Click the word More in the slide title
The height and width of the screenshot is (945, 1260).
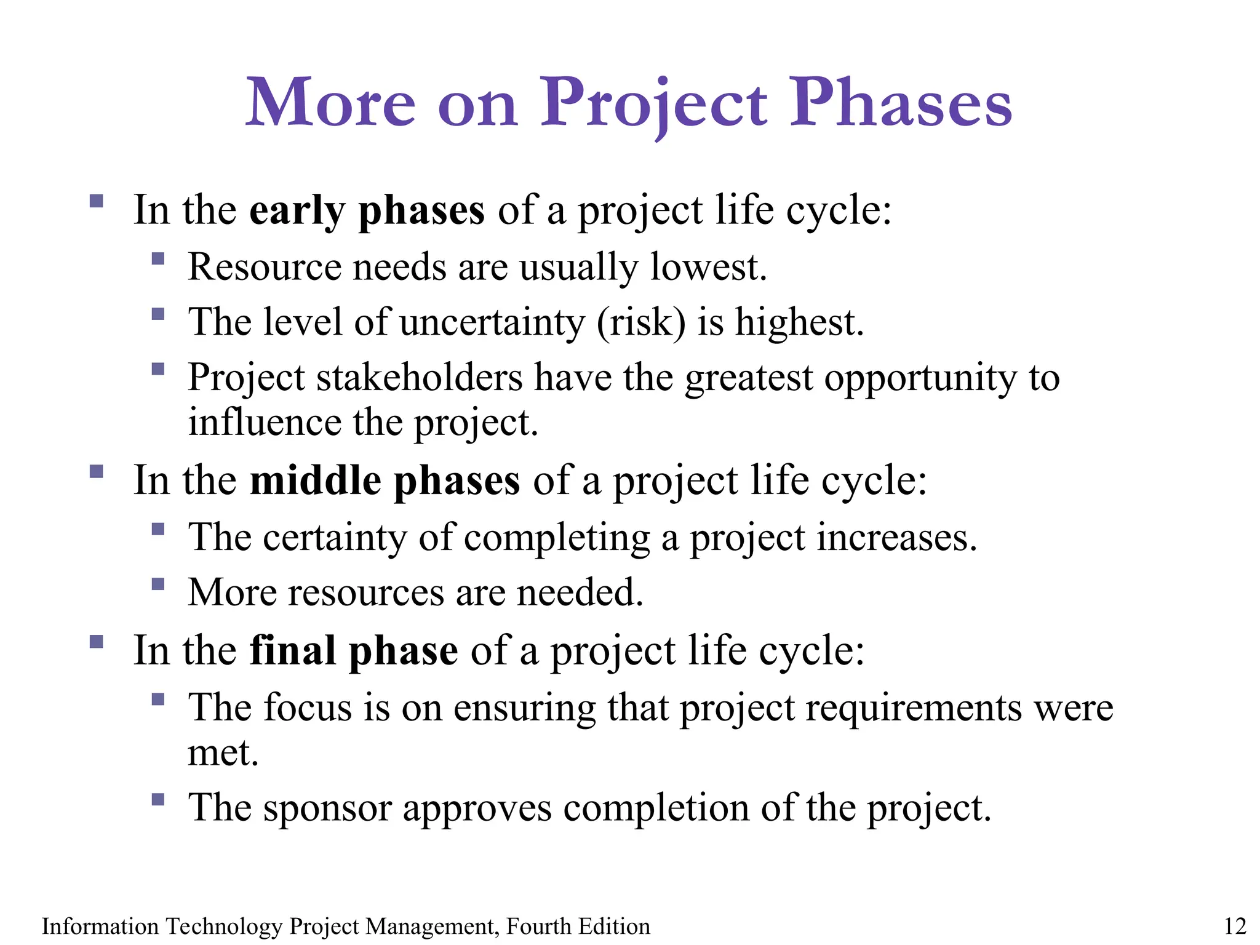click(x=330, y=103)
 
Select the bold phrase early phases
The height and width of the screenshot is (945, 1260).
click(x=367, y=211)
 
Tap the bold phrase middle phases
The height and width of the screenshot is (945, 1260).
click(x=385, y=481)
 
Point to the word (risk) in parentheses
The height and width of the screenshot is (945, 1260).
click(x=640, y=322)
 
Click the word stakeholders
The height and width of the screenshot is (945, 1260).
click(x=419, y=377)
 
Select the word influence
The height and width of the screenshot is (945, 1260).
click(x=265, y=423)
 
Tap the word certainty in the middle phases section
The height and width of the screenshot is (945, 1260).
click(x=335, y=538)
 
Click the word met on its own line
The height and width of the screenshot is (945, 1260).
click(x=222, y=753)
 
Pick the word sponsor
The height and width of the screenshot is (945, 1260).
click(x=327, y=808)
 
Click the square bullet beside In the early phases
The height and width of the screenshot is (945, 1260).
click(x=96, y=201)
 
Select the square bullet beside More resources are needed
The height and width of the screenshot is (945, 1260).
click(x=158, y=583)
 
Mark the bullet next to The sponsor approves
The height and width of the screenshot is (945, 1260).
click(x=158, y=799)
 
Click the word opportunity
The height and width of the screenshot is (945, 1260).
click(x=920, y=378)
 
